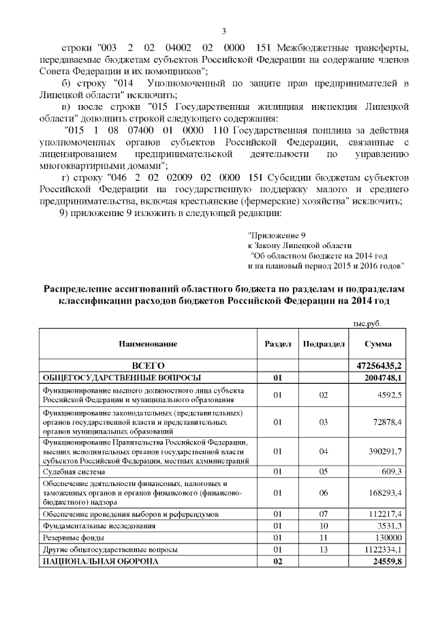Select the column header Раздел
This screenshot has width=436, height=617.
click(277, 345)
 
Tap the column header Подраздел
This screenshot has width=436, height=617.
click(323, 345)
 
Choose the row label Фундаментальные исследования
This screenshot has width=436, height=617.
click(99, 526)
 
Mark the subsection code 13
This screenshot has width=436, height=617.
click(323, 549)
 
